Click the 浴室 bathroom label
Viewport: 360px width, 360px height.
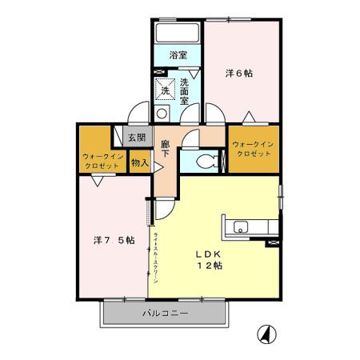click(x=178, y=55)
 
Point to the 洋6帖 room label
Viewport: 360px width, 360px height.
click(x=238, y=73)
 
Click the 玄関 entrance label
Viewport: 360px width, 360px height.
click(x=137, y=137)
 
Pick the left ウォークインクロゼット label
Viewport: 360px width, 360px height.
click(x=101, y=161)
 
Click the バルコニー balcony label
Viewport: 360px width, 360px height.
click(x=166, y=313)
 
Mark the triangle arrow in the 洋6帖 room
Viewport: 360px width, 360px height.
click(x=249, y=115)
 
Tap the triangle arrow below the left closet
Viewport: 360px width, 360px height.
click(x=96, y=181)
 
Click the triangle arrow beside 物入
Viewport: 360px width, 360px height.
click(x=158, y=166)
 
